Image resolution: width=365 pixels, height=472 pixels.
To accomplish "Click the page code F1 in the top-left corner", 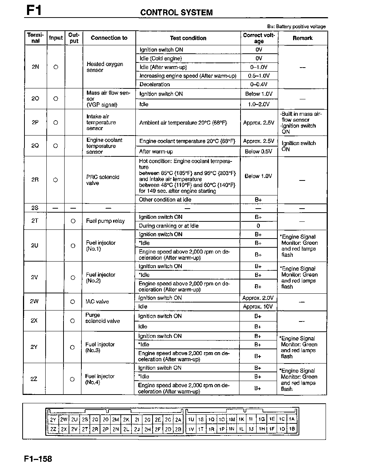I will (x=34, y=10).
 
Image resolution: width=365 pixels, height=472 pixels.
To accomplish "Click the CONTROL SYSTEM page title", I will (x=176, y=12).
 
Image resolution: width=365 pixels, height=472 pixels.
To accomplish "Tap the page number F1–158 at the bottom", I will (x=38, y=459).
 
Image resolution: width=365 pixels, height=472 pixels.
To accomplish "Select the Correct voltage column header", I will (x=259, y=38).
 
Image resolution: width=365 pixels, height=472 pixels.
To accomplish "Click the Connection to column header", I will (x=109, y=38).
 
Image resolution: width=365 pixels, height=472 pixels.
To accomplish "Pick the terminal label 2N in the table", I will (x=35, y=67).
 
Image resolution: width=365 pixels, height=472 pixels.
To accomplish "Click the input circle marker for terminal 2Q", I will (x=55, y=146).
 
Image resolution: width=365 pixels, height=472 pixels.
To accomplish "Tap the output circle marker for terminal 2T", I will (x=73, y=221).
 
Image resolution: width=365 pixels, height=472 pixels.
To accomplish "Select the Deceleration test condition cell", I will (x=155, y=84).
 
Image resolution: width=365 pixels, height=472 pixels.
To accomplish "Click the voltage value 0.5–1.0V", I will (x=259, y=76).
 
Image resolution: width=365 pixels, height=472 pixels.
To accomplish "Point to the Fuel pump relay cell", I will (x=105, y=221).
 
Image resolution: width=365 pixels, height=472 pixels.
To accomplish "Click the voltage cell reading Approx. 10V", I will (x=258, y=307).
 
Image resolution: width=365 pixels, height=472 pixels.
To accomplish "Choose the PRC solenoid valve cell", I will (x=103, y=180).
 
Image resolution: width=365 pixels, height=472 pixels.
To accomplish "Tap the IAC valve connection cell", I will (x=97, y=302).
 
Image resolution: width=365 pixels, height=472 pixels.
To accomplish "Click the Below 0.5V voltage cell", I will (x=258, y=151).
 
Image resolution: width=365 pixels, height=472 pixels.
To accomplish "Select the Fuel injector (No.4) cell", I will (x=100, y=379).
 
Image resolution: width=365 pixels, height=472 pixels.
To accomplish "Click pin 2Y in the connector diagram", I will (x=53, y=420).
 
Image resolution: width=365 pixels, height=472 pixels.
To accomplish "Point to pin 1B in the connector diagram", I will (x=292, y=429).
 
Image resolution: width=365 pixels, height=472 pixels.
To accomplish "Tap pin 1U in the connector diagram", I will (x=191, y=420).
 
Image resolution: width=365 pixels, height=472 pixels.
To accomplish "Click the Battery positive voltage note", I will (x=296, y=27).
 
